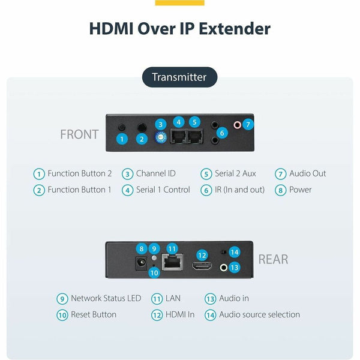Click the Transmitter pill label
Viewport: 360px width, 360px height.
179,77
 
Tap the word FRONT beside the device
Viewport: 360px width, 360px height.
79,134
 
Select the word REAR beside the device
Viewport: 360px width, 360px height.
273,259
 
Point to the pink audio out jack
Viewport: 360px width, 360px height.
238,125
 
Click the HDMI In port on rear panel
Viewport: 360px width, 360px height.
201,265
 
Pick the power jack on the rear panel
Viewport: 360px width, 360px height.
142,263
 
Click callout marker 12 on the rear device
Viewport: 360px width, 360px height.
202,255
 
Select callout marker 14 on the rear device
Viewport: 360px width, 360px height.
235,253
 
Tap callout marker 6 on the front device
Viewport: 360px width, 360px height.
223,133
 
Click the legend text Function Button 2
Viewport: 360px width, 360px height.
80,173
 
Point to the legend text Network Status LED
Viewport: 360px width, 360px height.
106,298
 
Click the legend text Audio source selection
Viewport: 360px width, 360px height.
259,314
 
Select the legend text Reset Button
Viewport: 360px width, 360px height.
94,314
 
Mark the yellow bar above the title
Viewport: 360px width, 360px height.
179,2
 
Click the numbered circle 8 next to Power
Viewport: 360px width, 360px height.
280,190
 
